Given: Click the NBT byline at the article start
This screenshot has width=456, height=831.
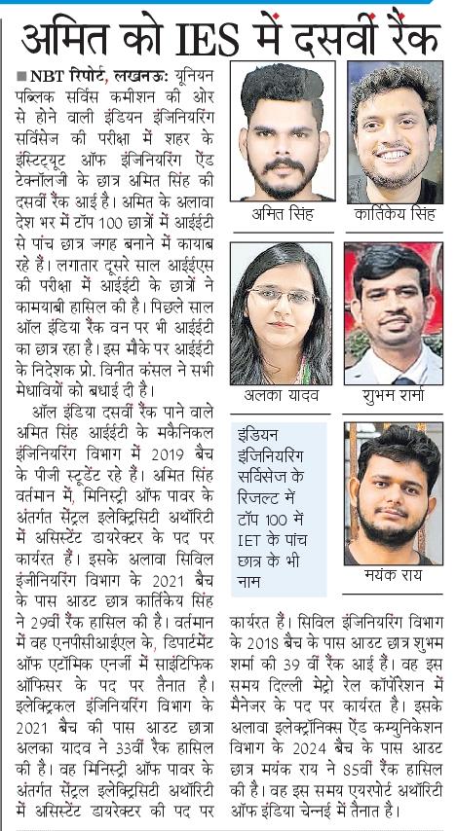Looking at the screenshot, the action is point(58,74).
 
